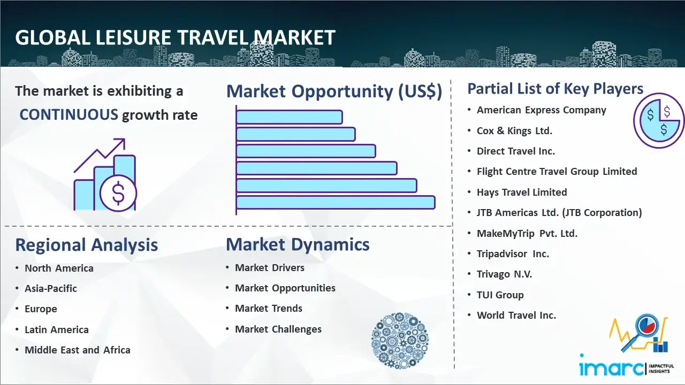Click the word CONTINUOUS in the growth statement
click(69, 115)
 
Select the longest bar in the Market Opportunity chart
click(336, 203)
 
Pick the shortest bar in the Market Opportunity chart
click(289, 117)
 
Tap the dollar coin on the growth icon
click(118, 193)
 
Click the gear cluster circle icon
click(400, 341)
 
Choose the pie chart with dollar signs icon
click(659, 121)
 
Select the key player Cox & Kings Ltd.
click(514, 131)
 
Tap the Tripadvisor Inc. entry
click(513, 253)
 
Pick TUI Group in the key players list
click(500, 295)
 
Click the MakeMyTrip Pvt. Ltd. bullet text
click(527, 234)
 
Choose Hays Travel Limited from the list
click(522, 192)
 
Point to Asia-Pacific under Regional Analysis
click(51, 288)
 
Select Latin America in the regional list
click(57, 329)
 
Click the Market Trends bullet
click(269, 309)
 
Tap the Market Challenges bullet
click(278, 329)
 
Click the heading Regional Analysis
click(87, 245)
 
